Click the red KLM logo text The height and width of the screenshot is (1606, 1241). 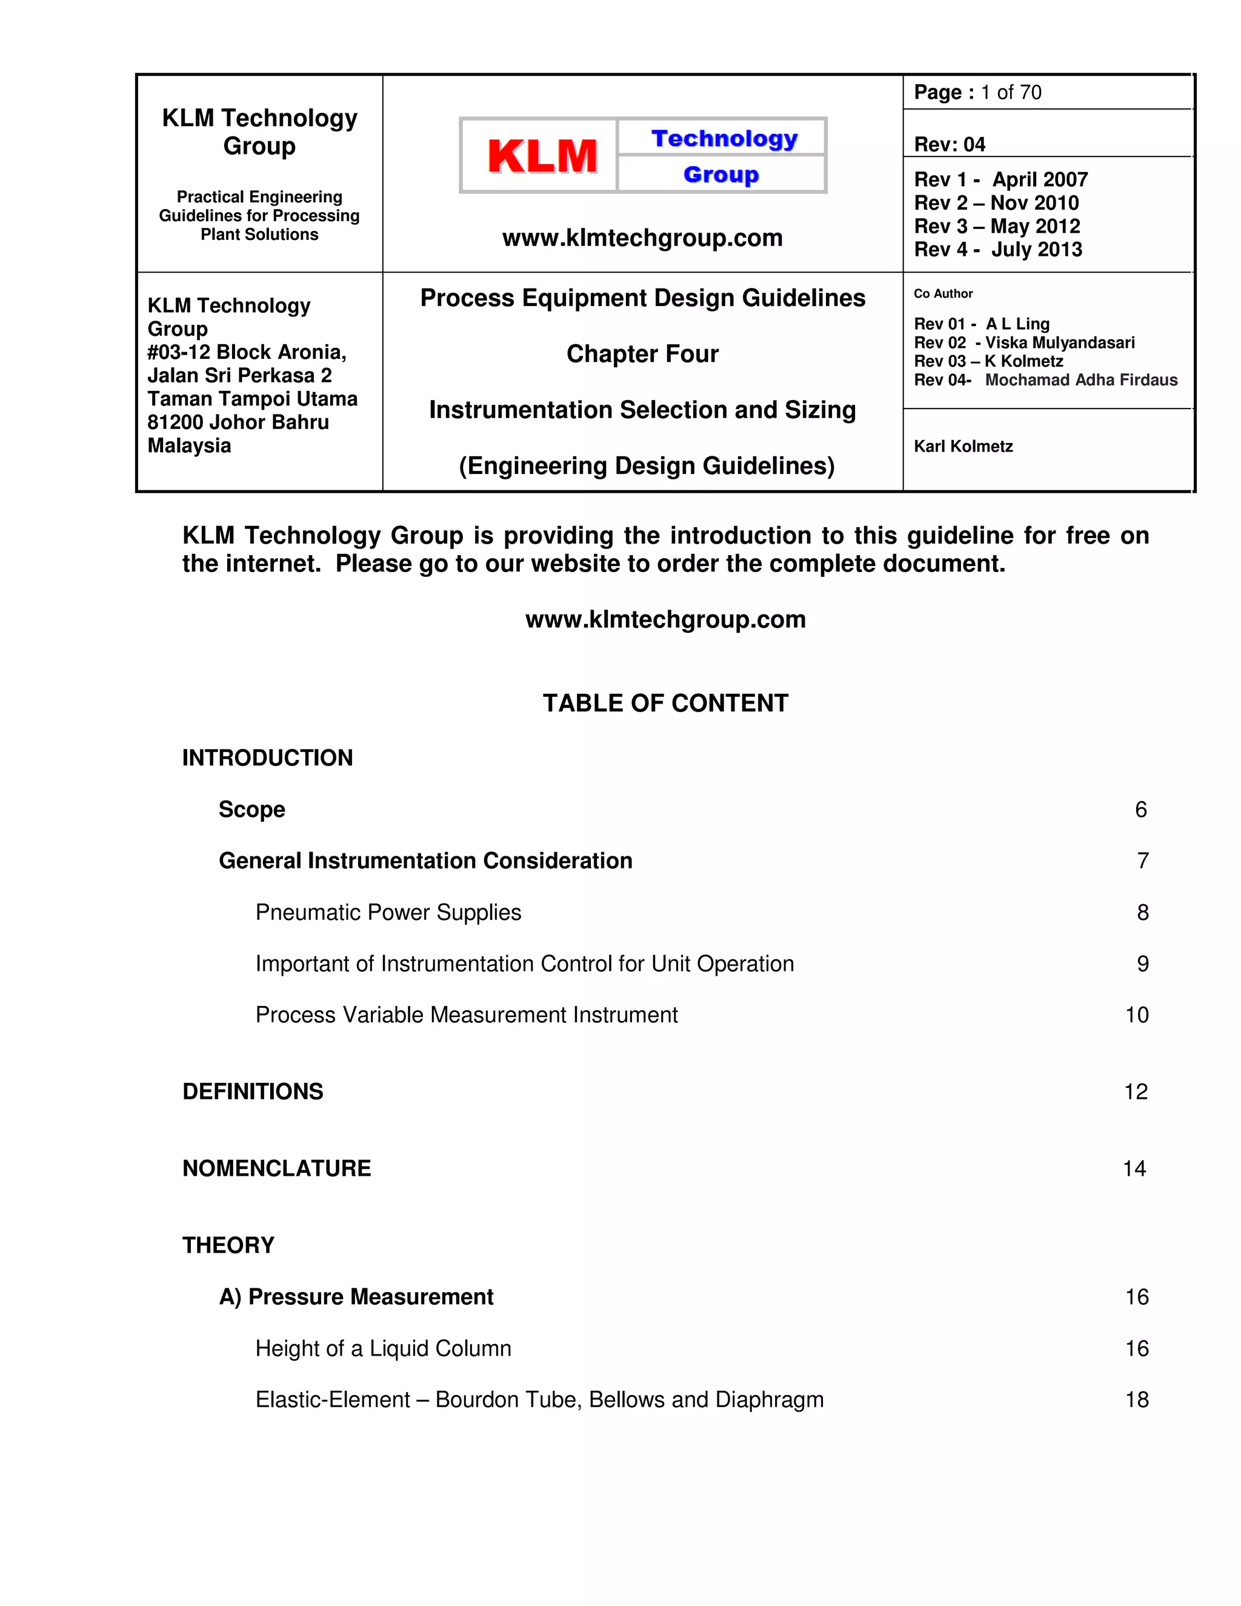point(542,156)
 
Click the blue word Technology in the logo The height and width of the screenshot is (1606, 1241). point(724,138)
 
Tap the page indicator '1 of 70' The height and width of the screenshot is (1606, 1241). point(1011,93)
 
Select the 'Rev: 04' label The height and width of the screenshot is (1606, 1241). point(949,144)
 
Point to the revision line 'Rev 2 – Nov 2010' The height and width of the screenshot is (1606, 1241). point(996,203)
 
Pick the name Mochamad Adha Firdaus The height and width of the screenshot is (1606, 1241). point(1081,380)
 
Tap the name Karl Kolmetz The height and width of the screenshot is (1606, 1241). point(963,447)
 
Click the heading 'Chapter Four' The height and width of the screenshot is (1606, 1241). point(642,354)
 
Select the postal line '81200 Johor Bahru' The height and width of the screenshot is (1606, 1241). point(238,422)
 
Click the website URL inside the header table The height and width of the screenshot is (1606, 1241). point(642,238)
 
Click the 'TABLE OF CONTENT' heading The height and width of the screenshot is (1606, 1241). point(665,703)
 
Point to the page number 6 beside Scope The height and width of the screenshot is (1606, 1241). point(1140,810)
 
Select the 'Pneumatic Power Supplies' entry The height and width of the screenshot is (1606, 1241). point(388,913)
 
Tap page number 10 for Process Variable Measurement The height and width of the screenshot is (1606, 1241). point(1137,1015)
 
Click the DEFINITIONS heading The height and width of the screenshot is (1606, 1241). point(253,1091)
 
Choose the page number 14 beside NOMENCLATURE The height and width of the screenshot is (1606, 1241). point(1134,1168)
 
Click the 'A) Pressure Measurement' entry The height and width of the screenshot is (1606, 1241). point(356,1296)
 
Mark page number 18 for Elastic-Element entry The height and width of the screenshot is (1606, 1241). point(1137,1399)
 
